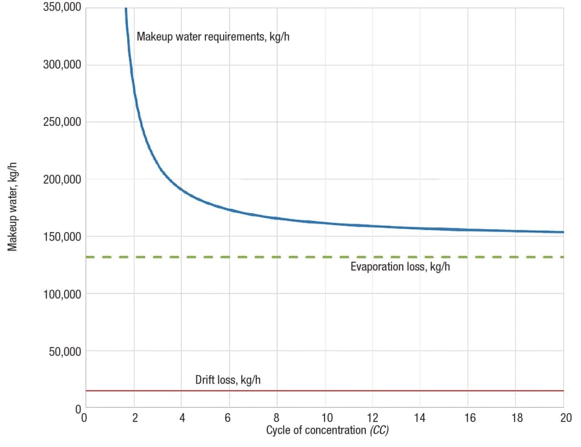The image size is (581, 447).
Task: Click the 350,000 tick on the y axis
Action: tap(61, 7)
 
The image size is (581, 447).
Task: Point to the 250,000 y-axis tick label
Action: tap(61, 122)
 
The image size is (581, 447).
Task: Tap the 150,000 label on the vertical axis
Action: tap(61, 237)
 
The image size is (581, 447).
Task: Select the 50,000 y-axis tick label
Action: tap(64, 351)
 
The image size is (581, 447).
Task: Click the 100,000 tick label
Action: tap(61, 294)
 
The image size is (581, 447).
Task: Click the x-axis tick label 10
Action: tap(325, 419)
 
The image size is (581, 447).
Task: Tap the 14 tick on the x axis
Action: tap(420, 419)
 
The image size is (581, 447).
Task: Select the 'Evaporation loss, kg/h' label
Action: tap(400, 267)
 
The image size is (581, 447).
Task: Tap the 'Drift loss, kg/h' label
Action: tap(228, 379)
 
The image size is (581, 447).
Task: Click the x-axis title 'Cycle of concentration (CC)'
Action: tap(327, 430)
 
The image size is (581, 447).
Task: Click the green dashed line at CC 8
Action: tap(277, 257)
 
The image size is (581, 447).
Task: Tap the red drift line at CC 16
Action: tap(468, 391)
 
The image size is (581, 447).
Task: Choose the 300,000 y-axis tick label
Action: tap(61, 65)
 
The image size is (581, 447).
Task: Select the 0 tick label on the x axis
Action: tap(85, 419)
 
